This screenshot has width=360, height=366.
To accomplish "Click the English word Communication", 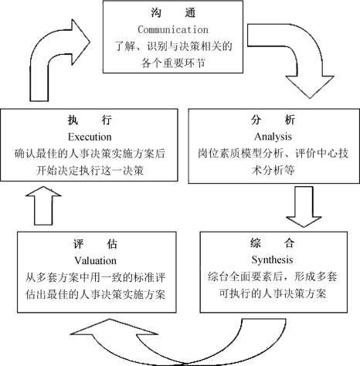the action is [173, 29].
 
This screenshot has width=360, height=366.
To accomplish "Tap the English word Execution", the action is [90, 137].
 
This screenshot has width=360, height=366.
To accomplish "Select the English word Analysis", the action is [273, 137].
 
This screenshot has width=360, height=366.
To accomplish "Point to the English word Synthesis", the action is [273, 259].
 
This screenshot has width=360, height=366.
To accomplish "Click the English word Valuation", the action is [96, 261].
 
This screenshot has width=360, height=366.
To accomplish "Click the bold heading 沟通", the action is [173, 12].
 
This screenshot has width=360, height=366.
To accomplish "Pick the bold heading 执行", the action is [90, 120].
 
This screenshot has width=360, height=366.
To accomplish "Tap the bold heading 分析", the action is [273, 120].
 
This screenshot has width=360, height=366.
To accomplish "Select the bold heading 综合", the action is [273, 243].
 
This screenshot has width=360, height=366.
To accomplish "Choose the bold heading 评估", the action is [96, 244].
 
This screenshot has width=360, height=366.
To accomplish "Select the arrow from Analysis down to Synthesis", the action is [304, 207].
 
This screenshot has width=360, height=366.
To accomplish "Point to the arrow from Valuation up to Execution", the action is [43, 206].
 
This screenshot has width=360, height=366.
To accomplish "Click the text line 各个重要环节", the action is [173, 63].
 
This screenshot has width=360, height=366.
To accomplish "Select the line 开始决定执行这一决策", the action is [90, 171].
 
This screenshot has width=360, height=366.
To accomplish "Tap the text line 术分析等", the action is [273, 170].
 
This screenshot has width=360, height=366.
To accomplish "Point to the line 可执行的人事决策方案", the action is [273, 293].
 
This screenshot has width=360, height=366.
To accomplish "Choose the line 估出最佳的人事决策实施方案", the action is [96, 294].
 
